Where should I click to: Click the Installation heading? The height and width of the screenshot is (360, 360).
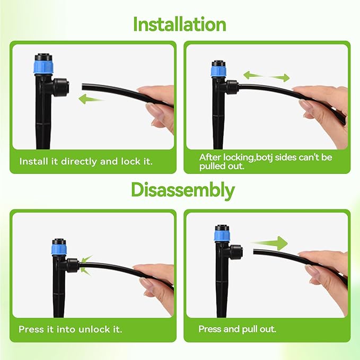180,24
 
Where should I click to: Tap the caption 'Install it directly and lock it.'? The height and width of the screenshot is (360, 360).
86,161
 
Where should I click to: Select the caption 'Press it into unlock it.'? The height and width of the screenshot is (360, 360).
71,329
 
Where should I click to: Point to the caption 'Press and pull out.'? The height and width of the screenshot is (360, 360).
237,329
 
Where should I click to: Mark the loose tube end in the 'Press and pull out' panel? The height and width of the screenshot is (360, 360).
256,252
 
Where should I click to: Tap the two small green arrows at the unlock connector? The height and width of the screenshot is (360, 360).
86,264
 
